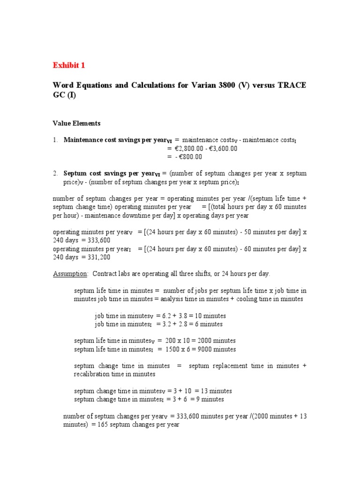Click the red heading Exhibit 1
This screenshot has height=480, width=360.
tap(69, 65)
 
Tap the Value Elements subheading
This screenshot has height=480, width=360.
tap(76, 123)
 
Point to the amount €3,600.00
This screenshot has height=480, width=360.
tap(221, 148)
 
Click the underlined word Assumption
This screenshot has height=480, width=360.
tap(70, 273)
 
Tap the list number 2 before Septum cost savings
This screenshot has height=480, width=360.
tap(54, 173)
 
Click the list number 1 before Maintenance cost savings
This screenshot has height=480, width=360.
tap(54, 140)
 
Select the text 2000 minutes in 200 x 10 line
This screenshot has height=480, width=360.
tap(215, 341)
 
